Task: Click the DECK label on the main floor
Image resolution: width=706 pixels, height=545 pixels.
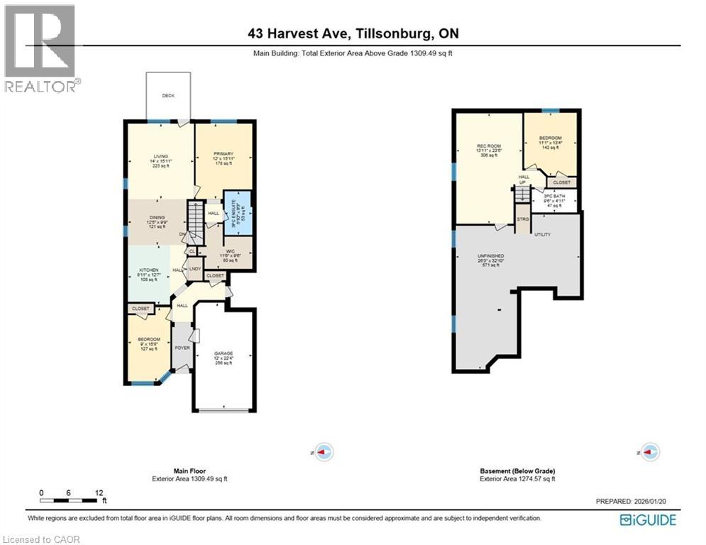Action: (167, 96)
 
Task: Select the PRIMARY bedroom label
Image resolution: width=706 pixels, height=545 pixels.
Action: (224, 154)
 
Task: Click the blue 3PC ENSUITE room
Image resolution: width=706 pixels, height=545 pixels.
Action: (237, 213)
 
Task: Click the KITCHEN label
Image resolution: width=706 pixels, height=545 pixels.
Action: (148, 271)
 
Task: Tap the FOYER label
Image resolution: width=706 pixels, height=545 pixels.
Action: (182, 348)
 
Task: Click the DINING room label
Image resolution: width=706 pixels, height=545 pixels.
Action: (158, 218)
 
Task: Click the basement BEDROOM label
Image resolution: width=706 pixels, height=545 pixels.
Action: (550, 138)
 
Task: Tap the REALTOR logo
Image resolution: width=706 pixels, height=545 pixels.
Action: (40, 48)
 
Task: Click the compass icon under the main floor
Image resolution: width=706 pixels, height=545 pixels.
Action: (324, 451)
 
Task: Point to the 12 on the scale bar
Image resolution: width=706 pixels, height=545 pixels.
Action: (99, 492)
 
